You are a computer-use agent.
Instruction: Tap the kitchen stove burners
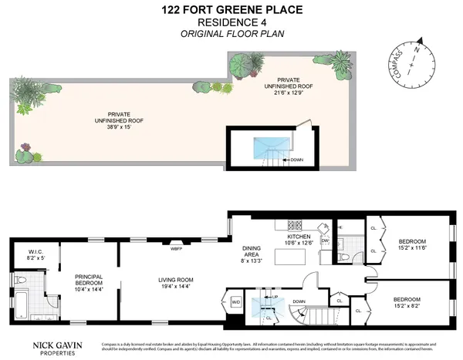[x=294, y=226]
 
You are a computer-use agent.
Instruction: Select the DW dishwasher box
[x=324, y=241]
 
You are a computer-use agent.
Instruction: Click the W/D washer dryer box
[x=235, y=301]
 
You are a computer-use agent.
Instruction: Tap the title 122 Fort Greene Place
[x=231, y=10]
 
